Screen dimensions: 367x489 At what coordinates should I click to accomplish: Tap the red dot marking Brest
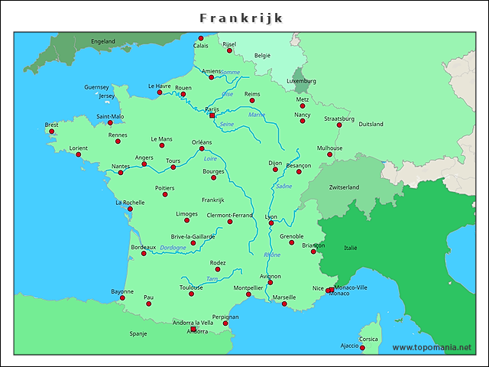tap(52, 132)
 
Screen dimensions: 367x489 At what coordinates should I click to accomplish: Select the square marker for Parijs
tap(212, 115)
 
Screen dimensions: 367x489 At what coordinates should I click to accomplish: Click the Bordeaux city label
tap(143, 247)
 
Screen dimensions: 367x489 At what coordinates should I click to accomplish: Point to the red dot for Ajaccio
tap(362, 349)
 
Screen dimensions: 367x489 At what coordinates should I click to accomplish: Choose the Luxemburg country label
tap(301, 80)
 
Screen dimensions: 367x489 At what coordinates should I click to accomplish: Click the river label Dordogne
tap(173, 248)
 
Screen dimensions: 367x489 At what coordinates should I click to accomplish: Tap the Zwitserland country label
tap(344, 187)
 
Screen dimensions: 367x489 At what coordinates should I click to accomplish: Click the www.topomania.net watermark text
tap(432, 347)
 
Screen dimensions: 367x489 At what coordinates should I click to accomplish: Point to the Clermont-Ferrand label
tap(229, 215)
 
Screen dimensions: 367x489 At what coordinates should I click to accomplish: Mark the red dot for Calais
tap(201, 38)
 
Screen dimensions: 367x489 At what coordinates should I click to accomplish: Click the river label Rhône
tap(272, 255)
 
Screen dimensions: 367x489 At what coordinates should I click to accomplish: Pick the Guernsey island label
tap(97, 87)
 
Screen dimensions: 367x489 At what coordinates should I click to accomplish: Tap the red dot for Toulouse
tap(192, 294)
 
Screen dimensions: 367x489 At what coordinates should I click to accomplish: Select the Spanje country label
tap(138, 333)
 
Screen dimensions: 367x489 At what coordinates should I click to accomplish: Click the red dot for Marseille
tap(284, 304)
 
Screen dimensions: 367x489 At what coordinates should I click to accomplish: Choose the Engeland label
tap(102, 41)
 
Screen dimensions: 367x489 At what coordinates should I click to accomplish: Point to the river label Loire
tap(211, 158)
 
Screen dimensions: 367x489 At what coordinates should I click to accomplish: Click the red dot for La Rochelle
tap(130, 209)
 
